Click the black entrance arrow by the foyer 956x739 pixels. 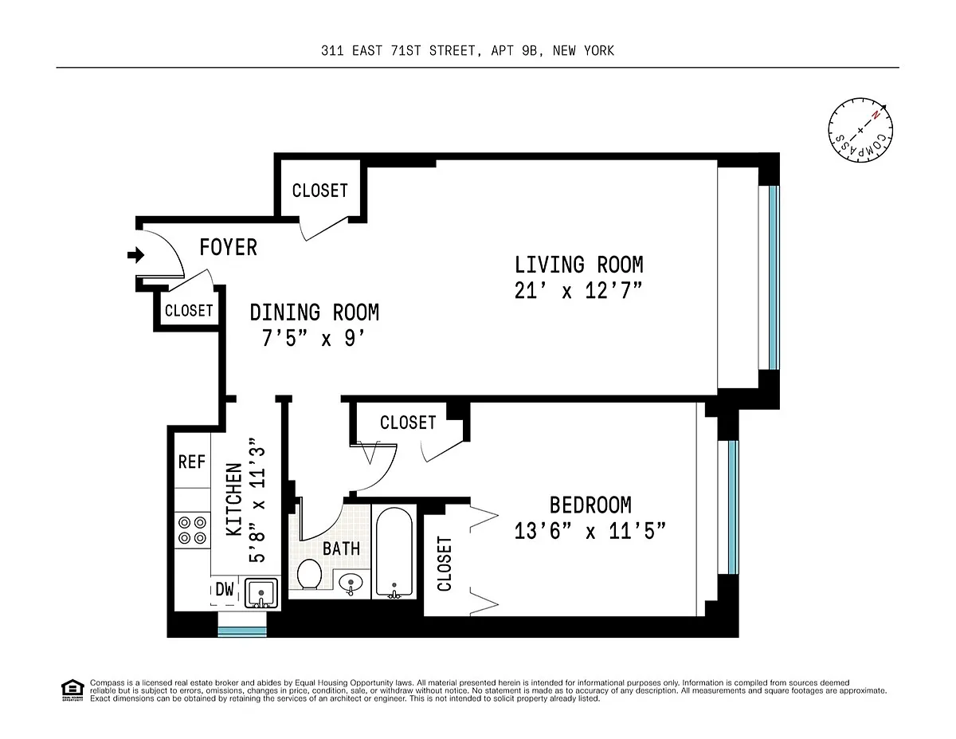tap(136, 254)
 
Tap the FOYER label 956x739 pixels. tap(229, 247)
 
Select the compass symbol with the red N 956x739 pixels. tap(860, 130)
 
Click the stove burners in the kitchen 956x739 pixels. tap(192, 530)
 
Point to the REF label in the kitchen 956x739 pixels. tap(192, 462)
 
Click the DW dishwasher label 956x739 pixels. tap(225, 589)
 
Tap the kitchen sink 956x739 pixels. tap(261, 593)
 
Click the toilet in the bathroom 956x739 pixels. tap(309, 574)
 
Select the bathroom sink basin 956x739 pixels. tap(351, 584)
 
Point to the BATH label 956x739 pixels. tap(342, 548)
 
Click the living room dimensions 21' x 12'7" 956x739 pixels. tap(578, 290)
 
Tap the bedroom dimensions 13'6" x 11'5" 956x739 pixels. tap(590, 531)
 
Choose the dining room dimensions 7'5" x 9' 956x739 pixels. tap(313, 339)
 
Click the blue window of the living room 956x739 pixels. tap(774, 277)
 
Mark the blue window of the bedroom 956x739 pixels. tap(733, 507)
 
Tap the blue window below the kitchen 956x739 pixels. tap(242, 631)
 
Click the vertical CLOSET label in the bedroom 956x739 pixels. tap(445, 564)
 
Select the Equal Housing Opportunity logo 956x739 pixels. tap(72, 690)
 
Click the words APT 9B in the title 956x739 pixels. tap(514, 51)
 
